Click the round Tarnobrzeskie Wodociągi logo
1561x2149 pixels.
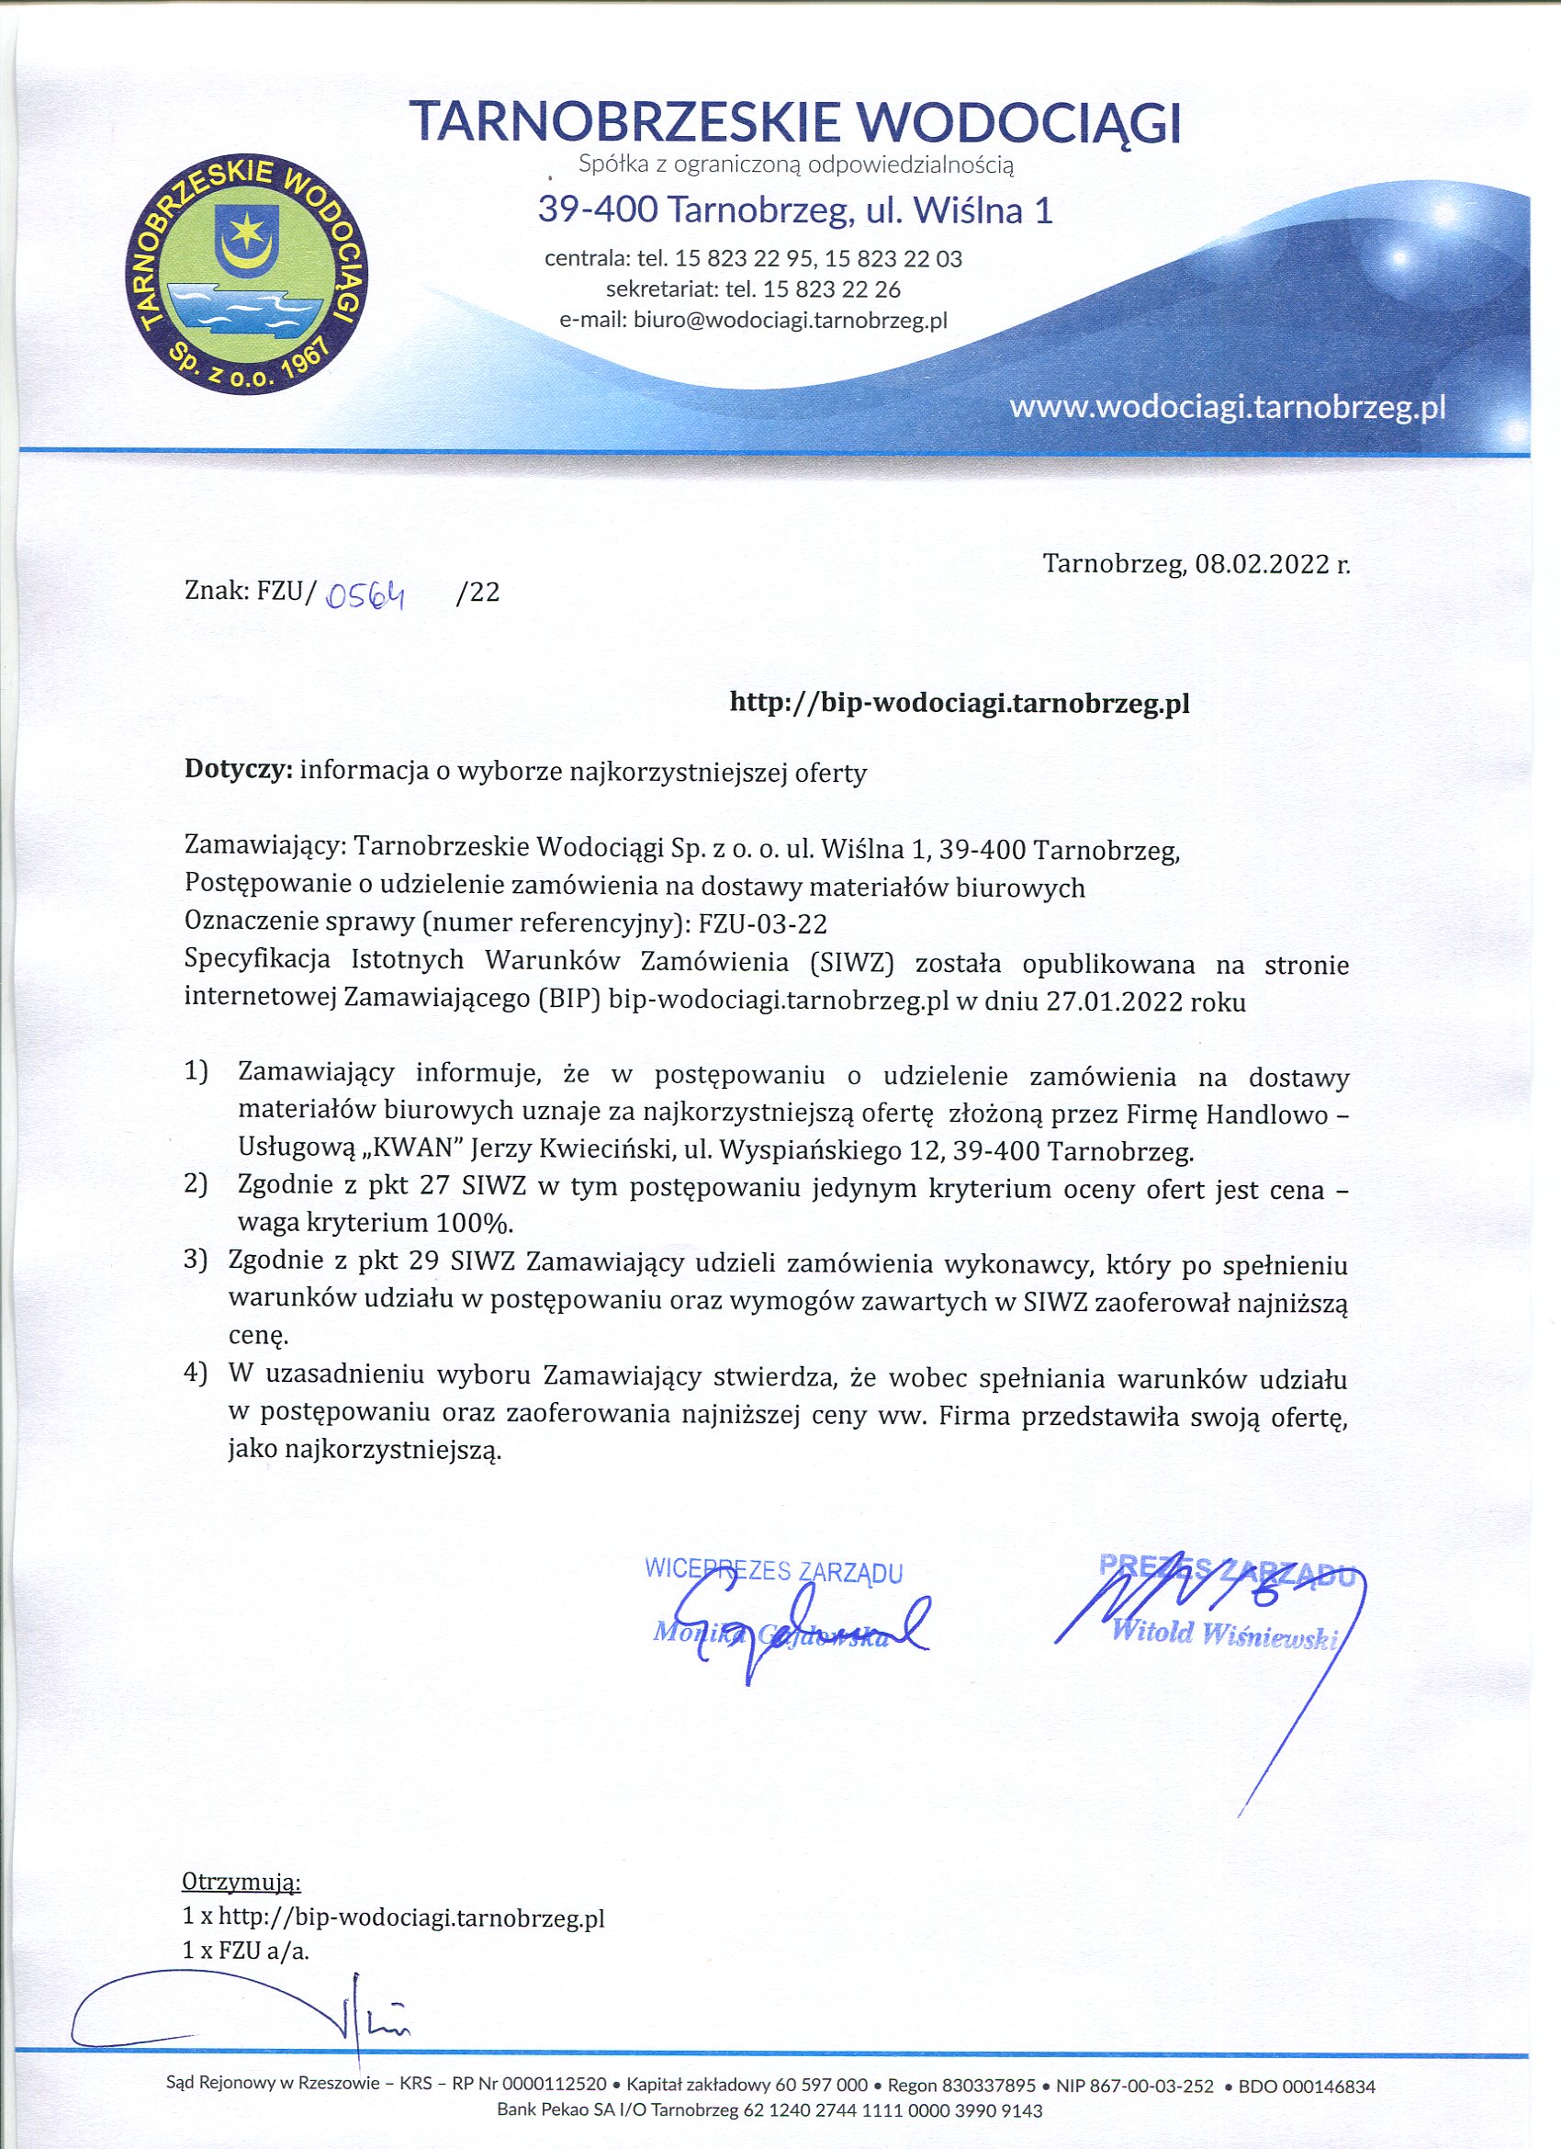[247, 275]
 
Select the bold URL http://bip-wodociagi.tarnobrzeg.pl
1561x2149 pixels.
[959, 703]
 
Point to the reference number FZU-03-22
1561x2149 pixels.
[755, 922]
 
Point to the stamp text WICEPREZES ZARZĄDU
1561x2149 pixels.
[773, 1570]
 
